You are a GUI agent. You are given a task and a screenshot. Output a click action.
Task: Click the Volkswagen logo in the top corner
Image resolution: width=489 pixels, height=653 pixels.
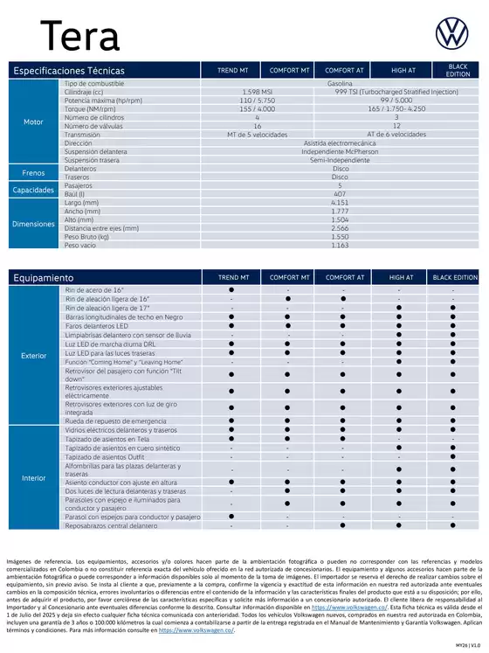coord(452,32)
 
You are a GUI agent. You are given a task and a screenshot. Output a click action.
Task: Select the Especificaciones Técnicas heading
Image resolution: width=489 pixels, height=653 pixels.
coord(69,70)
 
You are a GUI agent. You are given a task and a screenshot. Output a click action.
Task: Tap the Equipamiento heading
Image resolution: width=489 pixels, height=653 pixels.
coord(43,277)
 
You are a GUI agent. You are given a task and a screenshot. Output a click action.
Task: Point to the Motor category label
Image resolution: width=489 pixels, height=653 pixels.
coord(33,122)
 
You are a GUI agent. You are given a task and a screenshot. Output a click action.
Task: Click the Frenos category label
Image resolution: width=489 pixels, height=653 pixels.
coord(33,173)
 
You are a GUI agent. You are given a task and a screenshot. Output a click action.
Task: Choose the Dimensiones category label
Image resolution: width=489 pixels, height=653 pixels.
coord(33,224)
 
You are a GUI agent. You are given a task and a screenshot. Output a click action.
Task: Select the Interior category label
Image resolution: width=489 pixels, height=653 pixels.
coord(33,478)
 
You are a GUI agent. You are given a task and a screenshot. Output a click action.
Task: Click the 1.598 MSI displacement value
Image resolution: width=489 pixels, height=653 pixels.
coord(257,90)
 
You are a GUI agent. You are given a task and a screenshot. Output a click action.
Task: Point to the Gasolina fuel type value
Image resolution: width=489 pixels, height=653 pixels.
coord(340,82)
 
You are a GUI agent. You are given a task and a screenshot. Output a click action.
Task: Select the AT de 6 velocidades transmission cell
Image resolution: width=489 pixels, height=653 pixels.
coord(396,135)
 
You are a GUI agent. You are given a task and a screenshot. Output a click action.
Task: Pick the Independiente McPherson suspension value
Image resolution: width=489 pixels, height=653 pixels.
coord(340,151)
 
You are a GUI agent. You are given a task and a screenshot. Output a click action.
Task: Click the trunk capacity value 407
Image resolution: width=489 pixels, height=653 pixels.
coord(340,194)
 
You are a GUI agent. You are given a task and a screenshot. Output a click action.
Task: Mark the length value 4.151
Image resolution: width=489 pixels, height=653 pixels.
coord(340,202)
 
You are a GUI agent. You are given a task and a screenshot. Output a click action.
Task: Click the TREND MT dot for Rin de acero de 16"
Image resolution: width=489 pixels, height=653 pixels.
coord(231,289)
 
